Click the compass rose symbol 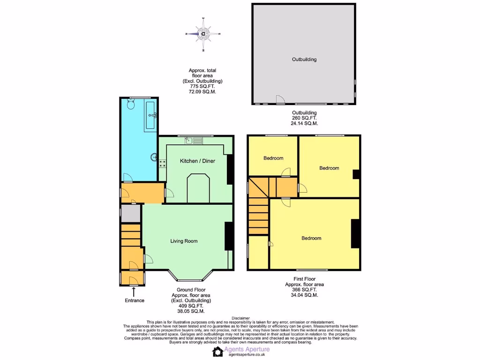[x=203, y=34]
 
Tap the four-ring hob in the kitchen [x=163, y=163]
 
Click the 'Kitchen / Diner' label [x=197, y=161]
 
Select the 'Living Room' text [x=184, y=241]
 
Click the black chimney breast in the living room [x=229, y=236]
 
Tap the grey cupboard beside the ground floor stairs [x=131, y=213]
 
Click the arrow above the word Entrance [x=135, y=292]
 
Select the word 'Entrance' [x=135, y=300]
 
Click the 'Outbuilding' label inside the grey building [x=304, y=60]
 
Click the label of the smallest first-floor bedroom [x=273, y=158]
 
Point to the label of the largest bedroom [x=311, y=238]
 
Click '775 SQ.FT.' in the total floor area [x=202, y=87]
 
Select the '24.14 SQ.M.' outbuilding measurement [x=304, y=124]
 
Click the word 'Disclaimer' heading [x=240, y=318]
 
